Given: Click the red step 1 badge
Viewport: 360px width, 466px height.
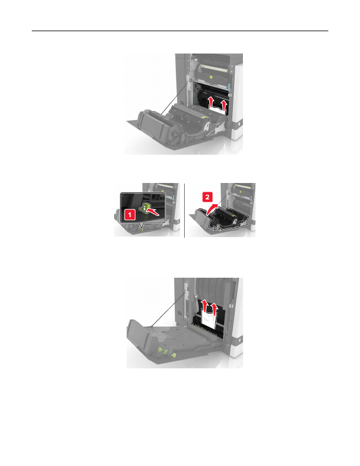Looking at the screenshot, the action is [130, 215].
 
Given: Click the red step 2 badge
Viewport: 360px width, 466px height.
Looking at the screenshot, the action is [207, 197].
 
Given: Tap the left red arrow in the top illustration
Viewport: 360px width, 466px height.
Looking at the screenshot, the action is [211, 102].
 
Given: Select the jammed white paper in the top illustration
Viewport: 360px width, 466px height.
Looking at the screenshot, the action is [217, 110].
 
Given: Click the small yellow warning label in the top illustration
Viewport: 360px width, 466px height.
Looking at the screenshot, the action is [211, 76].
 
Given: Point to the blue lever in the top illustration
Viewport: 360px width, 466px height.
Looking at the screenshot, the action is [230, 87].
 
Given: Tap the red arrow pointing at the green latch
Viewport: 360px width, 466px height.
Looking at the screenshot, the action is [155, 212].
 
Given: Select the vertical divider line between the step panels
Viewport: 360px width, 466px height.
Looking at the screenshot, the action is [185, 211].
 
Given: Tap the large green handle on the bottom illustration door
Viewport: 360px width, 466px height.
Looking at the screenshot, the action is [162, 350].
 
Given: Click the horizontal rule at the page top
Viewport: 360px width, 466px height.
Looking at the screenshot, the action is [180, 31].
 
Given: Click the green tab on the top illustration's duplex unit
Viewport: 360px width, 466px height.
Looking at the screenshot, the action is [204, 117].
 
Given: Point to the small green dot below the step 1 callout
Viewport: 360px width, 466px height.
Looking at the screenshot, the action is [141, 229].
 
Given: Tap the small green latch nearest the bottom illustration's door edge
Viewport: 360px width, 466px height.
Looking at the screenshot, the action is [174, 355].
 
